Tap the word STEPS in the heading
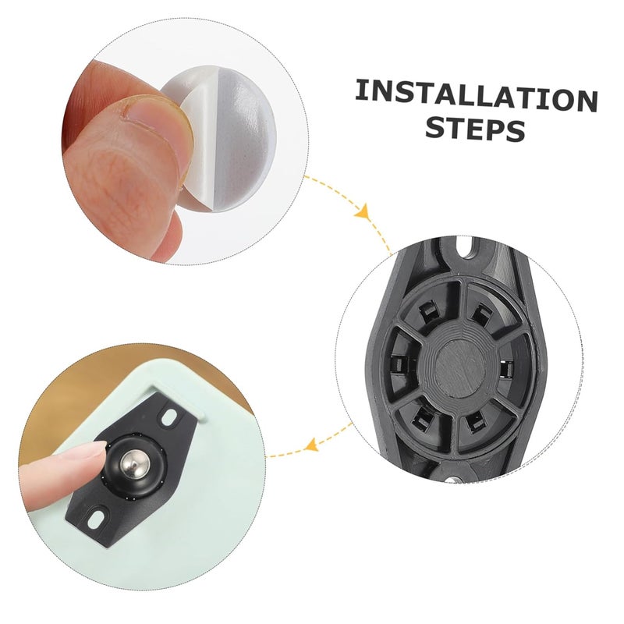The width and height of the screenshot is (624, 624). [x=474, y=129]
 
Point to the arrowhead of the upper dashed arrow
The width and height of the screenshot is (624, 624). [x=361, y=211]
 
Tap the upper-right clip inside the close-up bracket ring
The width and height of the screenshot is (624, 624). [x=477, y=314]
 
